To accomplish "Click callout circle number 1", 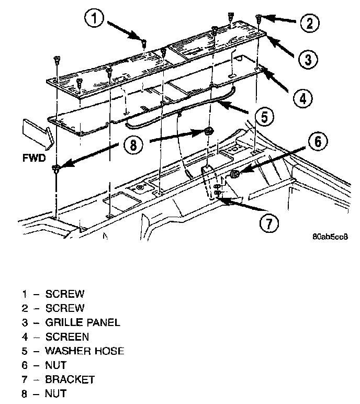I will coord(94,19).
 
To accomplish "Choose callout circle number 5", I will coord(264,116).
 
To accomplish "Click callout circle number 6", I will coord(320,141).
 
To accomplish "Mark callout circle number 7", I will coord(268,223).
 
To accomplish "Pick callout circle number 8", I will coord(133,144).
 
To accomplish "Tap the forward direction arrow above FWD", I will coord(36,133).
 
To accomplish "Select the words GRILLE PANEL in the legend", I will coord(83,322).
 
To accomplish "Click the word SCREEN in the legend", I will coord(67,336).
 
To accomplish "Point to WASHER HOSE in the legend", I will coord(85,351).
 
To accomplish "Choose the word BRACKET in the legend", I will coord(70,379).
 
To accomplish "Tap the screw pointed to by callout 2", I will coord(258,19).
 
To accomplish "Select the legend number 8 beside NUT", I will coord(24,393).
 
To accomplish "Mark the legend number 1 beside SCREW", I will coord(24,294).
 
